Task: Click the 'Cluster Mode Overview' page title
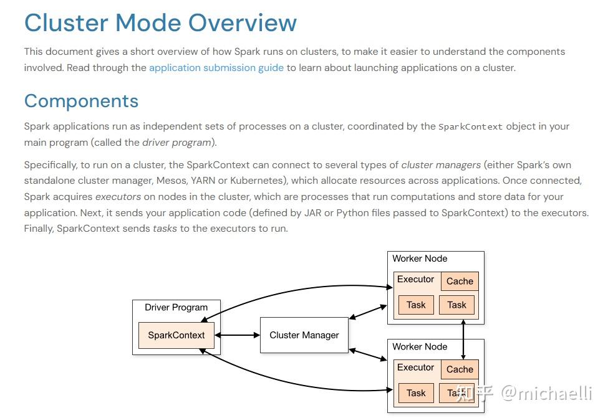[x=160, y=23]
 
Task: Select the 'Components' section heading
[x=81, y=101]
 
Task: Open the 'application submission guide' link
[x=216, y=68]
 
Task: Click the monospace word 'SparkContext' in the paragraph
[x=470, y=126]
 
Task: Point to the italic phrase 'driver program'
[x=176, y=143]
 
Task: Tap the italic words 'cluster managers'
[x=441, y=165]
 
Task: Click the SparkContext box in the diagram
[x=176, y=335]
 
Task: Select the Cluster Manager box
[x=304, y=335]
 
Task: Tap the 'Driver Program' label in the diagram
[x=176, y=307]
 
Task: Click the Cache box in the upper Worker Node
[x=460, y=282]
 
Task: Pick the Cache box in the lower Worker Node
[x=460, y=369]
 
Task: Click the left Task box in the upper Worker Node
[x=416, y=305]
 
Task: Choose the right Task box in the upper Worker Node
[x=456, y=305]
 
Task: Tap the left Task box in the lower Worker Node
[x=416, y=393]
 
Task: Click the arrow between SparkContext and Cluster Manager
[x=237, y=335]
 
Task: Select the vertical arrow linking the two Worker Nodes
[x=463, y=340]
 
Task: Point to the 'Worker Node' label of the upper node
[x=420, y=259]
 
